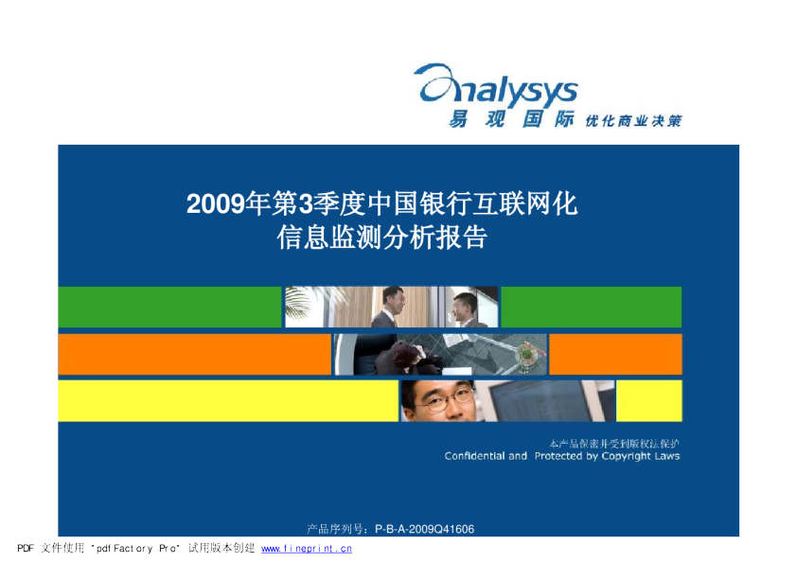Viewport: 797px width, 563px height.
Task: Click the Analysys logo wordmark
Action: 496,85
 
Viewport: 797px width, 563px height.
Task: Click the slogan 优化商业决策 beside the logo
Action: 633,121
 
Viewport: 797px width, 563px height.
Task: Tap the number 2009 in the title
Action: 216,204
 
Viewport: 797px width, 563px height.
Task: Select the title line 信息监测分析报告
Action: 382,238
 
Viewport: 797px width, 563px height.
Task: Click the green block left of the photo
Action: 169,307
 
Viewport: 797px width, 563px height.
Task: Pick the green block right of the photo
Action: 592,307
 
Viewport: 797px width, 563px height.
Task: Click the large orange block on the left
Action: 195,354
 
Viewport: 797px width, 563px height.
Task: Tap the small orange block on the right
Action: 615,354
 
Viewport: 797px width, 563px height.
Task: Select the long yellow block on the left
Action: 228,401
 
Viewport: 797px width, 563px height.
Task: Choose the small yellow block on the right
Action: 649,401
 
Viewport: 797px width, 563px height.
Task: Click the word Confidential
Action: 476,456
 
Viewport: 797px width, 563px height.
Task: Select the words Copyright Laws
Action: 641,456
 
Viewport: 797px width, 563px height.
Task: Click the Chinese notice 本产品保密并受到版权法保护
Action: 614,444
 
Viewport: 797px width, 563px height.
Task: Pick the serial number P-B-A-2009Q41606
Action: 424,530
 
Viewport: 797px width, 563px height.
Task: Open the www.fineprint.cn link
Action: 307,549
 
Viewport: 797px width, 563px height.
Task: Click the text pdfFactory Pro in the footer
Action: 136,549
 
